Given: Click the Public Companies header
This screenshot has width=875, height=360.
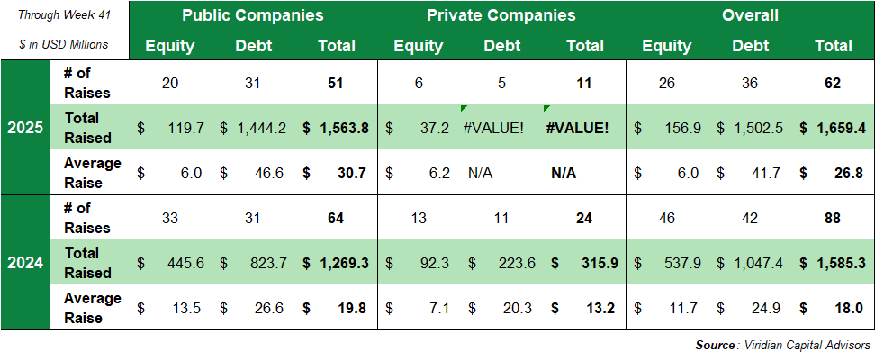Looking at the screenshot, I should click(x=252, y=15).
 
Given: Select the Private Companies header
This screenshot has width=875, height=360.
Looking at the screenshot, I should click(x=501, y=15).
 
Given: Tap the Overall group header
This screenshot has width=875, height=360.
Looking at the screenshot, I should click(x=750, y=15).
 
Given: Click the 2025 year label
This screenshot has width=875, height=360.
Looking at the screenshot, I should click(x=25, y=128).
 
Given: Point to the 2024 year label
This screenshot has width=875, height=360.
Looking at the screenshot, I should click(x=25, y=263).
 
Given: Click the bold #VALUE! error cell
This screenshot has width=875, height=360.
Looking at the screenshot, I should click(x=577, y=128).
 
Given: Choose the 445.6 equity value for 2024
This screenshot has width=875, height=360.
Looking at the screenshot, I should click(x=185, y=263).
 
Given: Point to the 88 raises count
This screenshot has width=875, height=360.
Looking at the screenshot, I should click(x=833, y=218).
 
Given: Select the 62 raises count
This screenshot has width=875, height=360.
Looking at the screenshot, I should click(x=833, y=83).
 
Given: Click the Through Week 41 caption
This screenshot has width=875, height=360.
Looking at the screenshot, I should click(x=63, y=15).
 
